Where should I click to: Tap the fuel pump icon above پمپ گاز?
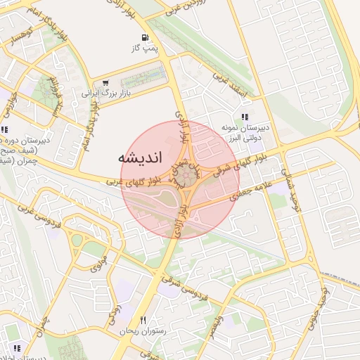(x=144, y=38)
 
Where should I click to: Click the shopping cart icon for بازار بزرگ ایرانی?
(x=105, y=84)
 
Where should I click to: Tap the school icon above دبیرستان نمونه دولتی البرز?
(x=244, y=117)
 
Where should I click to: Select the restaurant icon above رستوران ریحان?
(x=143, y=320)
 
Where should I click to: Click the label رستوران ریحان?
(x=142, y=330)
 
